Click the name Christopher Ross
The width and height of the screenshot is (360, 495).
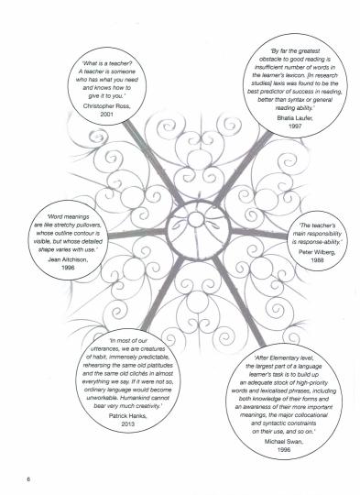(x=106, y=106)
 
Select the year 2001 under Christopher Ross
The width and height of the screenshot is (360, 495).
(x=106, y=115)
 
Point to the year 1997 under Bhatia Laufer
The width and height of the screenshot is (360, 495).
(x=295, y=126)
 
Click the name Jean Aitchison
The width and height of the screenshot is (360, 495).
(x=68, y=259)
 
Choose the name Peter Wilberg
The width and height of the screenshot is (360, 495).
(x=317, y=252)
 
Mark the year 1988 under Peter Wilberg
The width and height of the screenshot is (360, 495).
(x=317, y=260)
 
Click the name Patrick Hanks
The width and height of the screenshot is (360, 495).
(x=127, y=416)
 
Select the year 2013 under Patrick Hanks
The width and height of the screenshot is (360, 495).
(x=127, y=424)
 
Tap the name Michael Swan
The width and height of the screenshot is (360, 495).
(x=284, y=441)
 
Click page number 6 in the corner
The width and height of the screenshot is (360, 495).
(x=28, y=479)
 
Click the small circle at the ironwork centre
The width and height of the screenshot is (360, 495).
(x=196, y=219)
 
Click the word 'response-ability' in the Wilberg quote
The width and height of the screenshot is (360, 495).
(x=320, y=242)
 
